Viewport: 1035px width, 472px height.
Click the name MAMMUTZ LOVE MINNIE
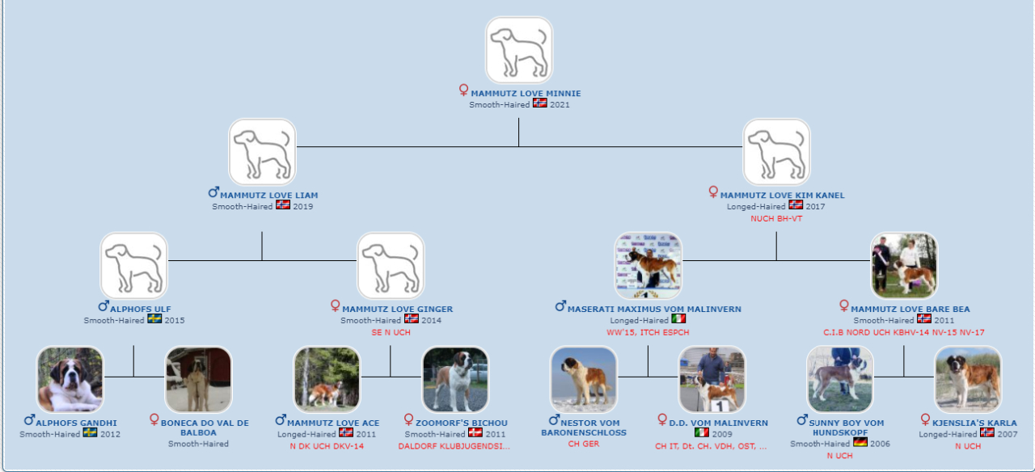[526, 93]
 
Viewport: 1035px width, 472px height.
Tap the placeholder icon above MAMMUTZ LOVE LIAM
[262, 152]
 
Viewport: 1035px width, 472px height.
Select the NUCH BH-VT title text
[776, 218]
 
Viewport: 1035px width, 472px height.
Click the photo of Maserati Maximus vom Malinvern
[648, 266]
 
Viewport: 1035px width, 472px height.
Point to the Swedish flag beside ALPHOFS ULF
[154, 318]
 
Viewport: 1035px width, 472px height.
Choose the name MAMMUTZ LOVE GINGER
[397, 309]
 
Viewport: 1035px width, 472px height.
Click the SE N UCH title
[391, 332]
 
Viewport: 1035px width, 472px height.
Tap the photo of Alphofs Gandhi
[70, 380]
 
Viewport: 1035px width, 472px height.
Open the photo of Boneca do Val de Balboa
[198, 380]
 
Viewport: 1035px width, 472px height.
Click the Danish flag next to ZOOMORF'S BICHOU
[475, 432]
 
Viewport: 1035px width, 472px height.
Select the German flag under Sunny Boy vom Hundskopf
[860, 442]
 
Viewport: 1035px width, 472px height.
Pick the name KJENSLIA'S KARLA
[974, 423]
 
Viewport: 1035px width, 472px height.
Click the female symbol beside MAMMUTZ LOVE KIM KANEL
[713, 192]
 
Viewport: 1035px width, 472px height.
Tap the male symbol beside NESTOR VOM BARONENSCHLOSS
[554, 420]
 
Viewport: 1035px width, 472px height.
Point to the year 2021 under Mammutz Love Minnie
[560, 105]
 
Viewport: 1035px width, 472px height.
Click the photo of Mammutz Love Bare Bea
[904, 266]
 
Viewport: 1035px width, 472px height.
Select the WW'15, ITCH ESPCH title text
[648, 332]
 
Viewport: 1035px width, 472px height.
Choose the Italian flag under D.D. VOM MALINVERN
[702, 432]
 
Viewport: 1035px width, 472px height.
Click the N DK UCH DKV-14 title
[327, 446]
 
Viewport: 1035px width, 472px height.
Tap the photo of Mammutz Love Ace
[327, 380]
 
